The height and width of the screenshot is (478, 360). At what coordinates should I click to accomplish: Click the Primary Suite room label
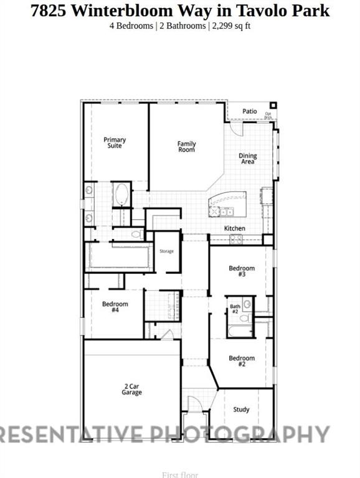[x=115, y=143]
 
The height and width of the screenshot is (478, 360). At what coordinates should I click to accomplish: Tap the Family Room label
[x=186, y=146]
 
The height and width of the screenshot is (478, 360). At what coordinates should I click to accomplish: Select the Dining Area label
[x=248, y=159]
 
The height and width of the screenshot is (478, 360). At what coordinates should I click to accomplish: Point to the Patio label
[x=250, y=111]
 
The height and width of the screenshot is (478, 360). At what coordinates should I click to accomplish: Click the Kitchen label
[x=235, y=228]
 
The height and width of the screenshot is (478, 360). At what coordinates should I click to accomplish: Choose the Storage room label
[x=166, y=251]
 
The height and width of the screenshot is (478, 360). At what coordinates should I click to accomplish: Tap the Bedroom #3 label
[x=242, y=271]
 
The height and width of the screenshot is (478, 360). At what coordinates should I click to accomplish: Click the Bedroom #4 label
[x=115, y=307]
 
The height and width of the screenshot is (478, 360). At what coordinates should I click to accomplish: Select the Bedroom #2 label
[x=242, y=361]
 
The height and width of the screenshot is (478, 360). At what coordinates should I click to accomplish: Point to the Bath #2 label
[x=235, y=309]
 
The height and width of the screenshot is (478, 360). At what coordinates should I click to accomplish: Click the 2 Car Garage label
[x=131, y=390]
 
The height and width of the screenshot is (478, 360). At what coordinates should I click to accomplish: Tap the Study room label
[x=242, y=410]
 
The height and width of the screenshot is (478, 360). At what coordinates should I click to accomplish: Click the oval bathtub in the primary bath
[x=121, y=195]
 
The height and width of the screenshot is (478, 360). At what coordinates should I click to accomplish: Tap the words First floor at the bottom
[x=180, y=475]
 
